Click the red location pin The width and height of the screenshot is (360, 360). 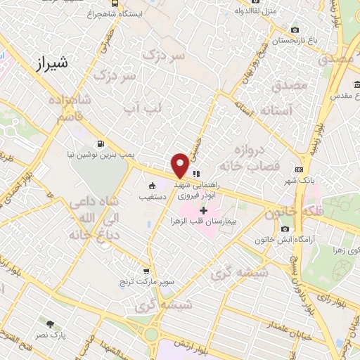(x=179, y=164)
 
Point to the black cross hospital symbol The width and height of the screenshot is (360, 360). (x=204, y=210)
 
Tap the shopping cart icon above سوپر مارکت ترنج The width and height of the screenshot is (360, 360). (x=146, y=271)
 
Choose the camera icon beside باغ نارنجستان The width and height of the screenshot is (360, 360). (x=295, y=30)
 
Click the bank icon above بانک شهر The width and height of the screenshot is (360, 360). (x=300, y=169)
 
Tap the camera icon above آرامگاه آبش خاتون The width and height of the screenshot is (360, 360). (x=285, y=229)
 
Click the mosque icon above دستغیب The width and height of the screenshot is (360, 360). (x=151, y=186)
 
